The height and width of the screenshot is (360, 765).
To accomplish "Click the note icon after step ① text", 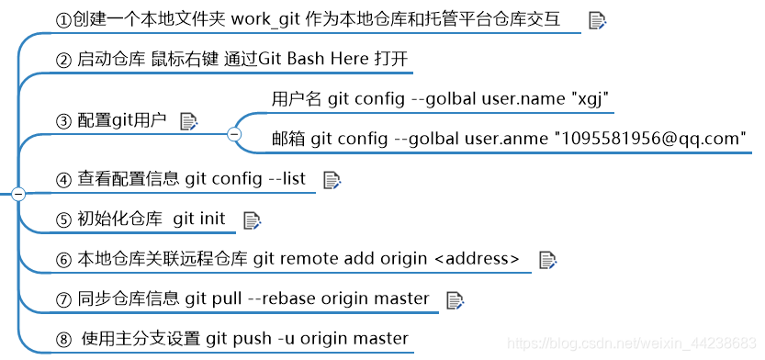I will point(596,19).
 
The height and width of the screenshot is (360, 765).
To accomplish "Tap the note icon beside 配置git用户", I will point(188,120).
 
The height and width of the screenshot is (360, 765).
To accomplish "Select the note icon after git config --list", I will point(332,180).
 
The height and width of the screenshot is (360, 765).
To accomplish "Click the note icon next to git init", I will point(252,219).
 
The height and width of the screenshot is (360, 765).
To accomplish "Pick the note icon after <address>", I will point(547,260).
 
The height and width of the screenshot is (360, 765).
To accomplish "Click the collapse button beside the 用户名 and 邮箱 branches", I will point(233,135).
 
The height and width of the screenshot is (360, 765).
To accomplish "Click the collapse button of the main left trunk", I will point(18,194).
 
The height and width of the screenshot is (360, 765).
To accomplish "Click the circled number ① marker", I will point(63,20).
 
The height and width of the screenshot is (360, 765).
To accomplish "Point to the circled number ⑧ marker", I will point(63,340).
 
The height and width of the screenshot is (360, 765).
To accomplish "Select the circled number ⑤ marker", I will point(63,220).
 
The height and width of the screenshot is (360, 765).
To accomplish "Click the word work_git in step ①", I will point(262,18).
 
